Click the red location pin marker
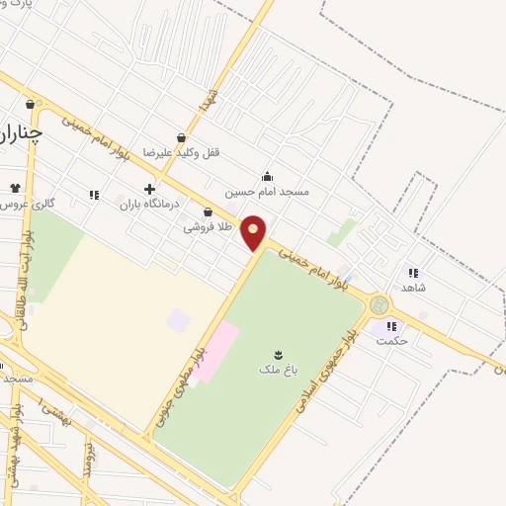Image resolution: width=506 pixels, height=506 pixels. pos(254,233)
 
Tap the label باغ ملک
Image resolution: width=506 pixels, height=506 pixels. pos(278,369)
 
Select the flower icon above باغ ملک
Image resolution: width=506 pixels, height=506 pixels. pos(278,353)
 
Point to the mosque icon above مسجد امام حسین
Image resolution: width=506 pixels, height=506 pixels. pos(267,176)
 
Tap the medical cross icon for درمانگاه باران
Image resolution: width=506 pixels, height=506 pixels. pos(149,188)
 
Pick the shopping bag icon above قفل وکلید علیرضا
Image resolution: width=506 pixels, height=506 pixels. pos(181,137)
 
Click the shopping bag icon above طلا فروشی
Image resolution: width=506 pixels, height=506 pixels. pos(208,211)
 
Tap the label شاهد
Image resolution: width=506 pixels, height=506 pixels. pos(413,287)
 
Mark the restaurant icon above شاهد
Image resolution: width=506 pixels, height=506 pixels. pos(413,272)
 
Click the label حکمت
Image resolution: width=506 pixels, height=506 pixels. pos(392,341)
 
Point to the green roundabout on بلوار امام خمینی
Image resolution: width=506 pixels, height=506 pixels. pos(379,305)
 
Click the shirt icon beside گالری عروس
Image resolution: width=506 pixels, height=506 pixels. pos(15,188)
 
